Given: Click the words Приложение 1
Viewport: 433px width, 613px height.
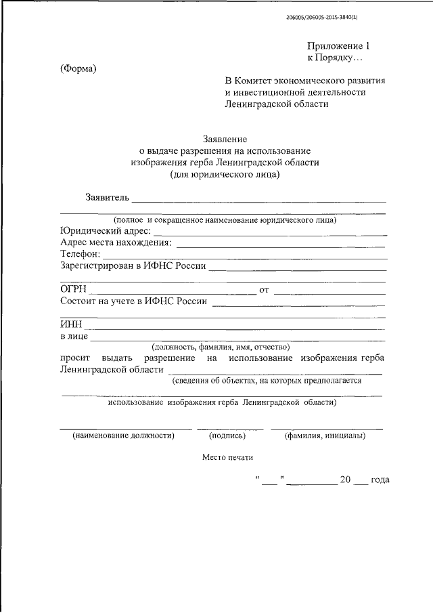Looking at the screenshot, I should point(338,46).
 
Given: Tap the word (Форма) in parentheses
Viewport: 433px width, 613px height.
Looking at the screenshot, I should point(78,68).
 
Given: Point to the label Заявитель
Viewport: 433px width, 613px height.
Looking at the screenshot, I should point(106,198).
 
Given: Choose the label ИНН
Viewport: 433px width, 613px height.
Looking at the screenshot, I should point(71,324).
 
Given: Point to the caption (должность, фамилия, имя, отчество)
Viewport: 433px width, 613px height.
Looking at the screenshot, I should point(221,347).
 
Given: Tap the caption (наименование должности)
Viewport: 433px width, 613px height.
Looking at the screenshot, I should point(123,436).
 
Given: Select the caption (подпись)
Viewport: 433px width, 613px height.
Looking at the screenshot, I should point(227,436).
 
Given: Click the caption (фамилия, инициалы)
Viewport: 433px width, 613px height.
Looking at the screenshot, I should point(325,436).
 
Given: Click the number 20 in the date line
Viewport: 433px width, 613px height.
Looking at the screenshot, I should point(345,480).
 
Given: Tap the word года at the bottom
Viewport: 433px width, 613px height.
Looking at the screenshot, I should point(380,480).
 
